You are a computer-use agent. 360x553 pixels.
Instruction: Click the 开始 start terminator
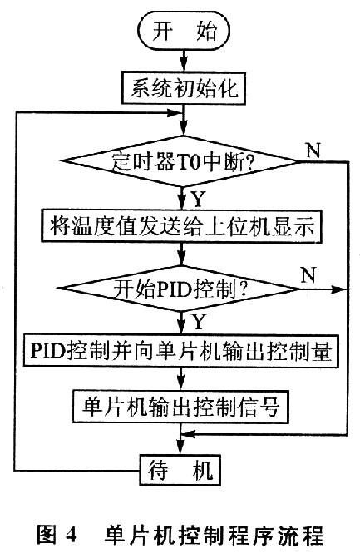(x=184, y=31)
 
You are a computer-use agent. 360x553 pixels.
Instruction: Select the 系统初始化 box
(x=184, y=88)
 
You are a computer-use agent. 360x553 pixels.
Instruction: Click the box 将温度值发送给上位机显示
(x=181, y=226)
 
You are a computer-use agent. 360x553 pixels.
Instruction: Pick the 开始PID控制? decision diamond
(x=180, y=289)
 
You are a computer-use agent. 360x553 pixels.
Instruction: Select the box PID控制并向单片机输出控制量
(x=181, y=351)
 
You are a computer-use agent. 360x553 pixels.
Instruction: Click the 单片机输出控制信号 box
(x=180, y=407)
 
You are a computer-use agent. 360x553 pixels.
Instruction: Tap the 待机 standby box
(x=180, y=471)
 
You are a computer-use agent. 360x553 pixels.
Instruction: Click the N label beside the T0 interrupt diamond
(x=313, y=150)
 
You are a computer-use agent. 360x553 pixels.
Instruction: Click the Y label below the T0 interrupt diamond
(x=197, y=199)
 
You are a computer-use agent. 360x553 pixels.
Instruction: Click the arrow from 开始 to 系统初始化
(x=183, y=61)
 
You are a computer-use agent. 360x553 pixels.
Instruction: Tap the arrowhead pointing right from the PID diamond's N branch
(x=339, y=289)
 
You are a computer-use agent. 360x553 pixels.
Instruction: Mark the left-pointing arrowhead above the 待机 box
(x=190, y=434)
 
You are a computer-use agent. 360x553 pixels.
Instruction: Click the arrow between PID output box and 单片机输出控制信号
(x=181, y=378)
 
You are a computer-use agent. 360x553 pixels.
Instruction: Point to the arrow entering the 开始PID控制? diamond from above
(x=181, y=254)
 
